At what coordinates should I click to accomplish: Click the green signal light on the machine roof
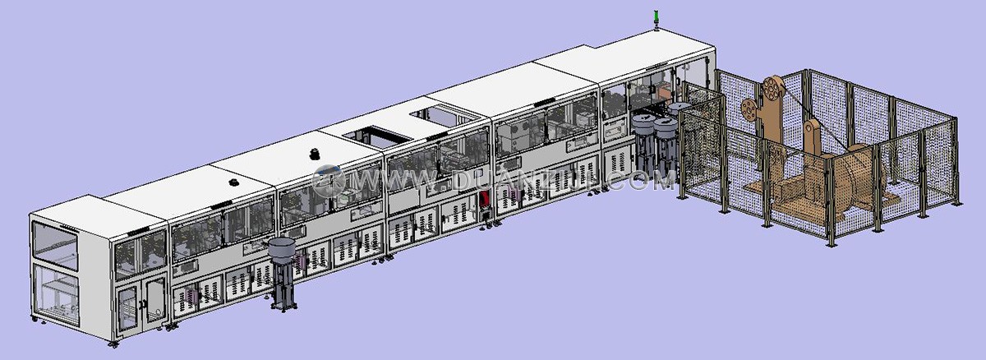pos(657,16)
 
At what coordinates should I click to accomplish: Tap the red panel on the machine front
pos(485,200)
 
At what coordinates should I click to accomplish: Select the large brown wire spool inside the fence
pos(859,178)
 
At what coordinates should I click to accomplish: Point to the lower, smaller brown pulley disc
pos(749,109)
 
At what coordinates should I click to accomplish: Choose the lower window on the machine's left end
pos(56,294)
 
